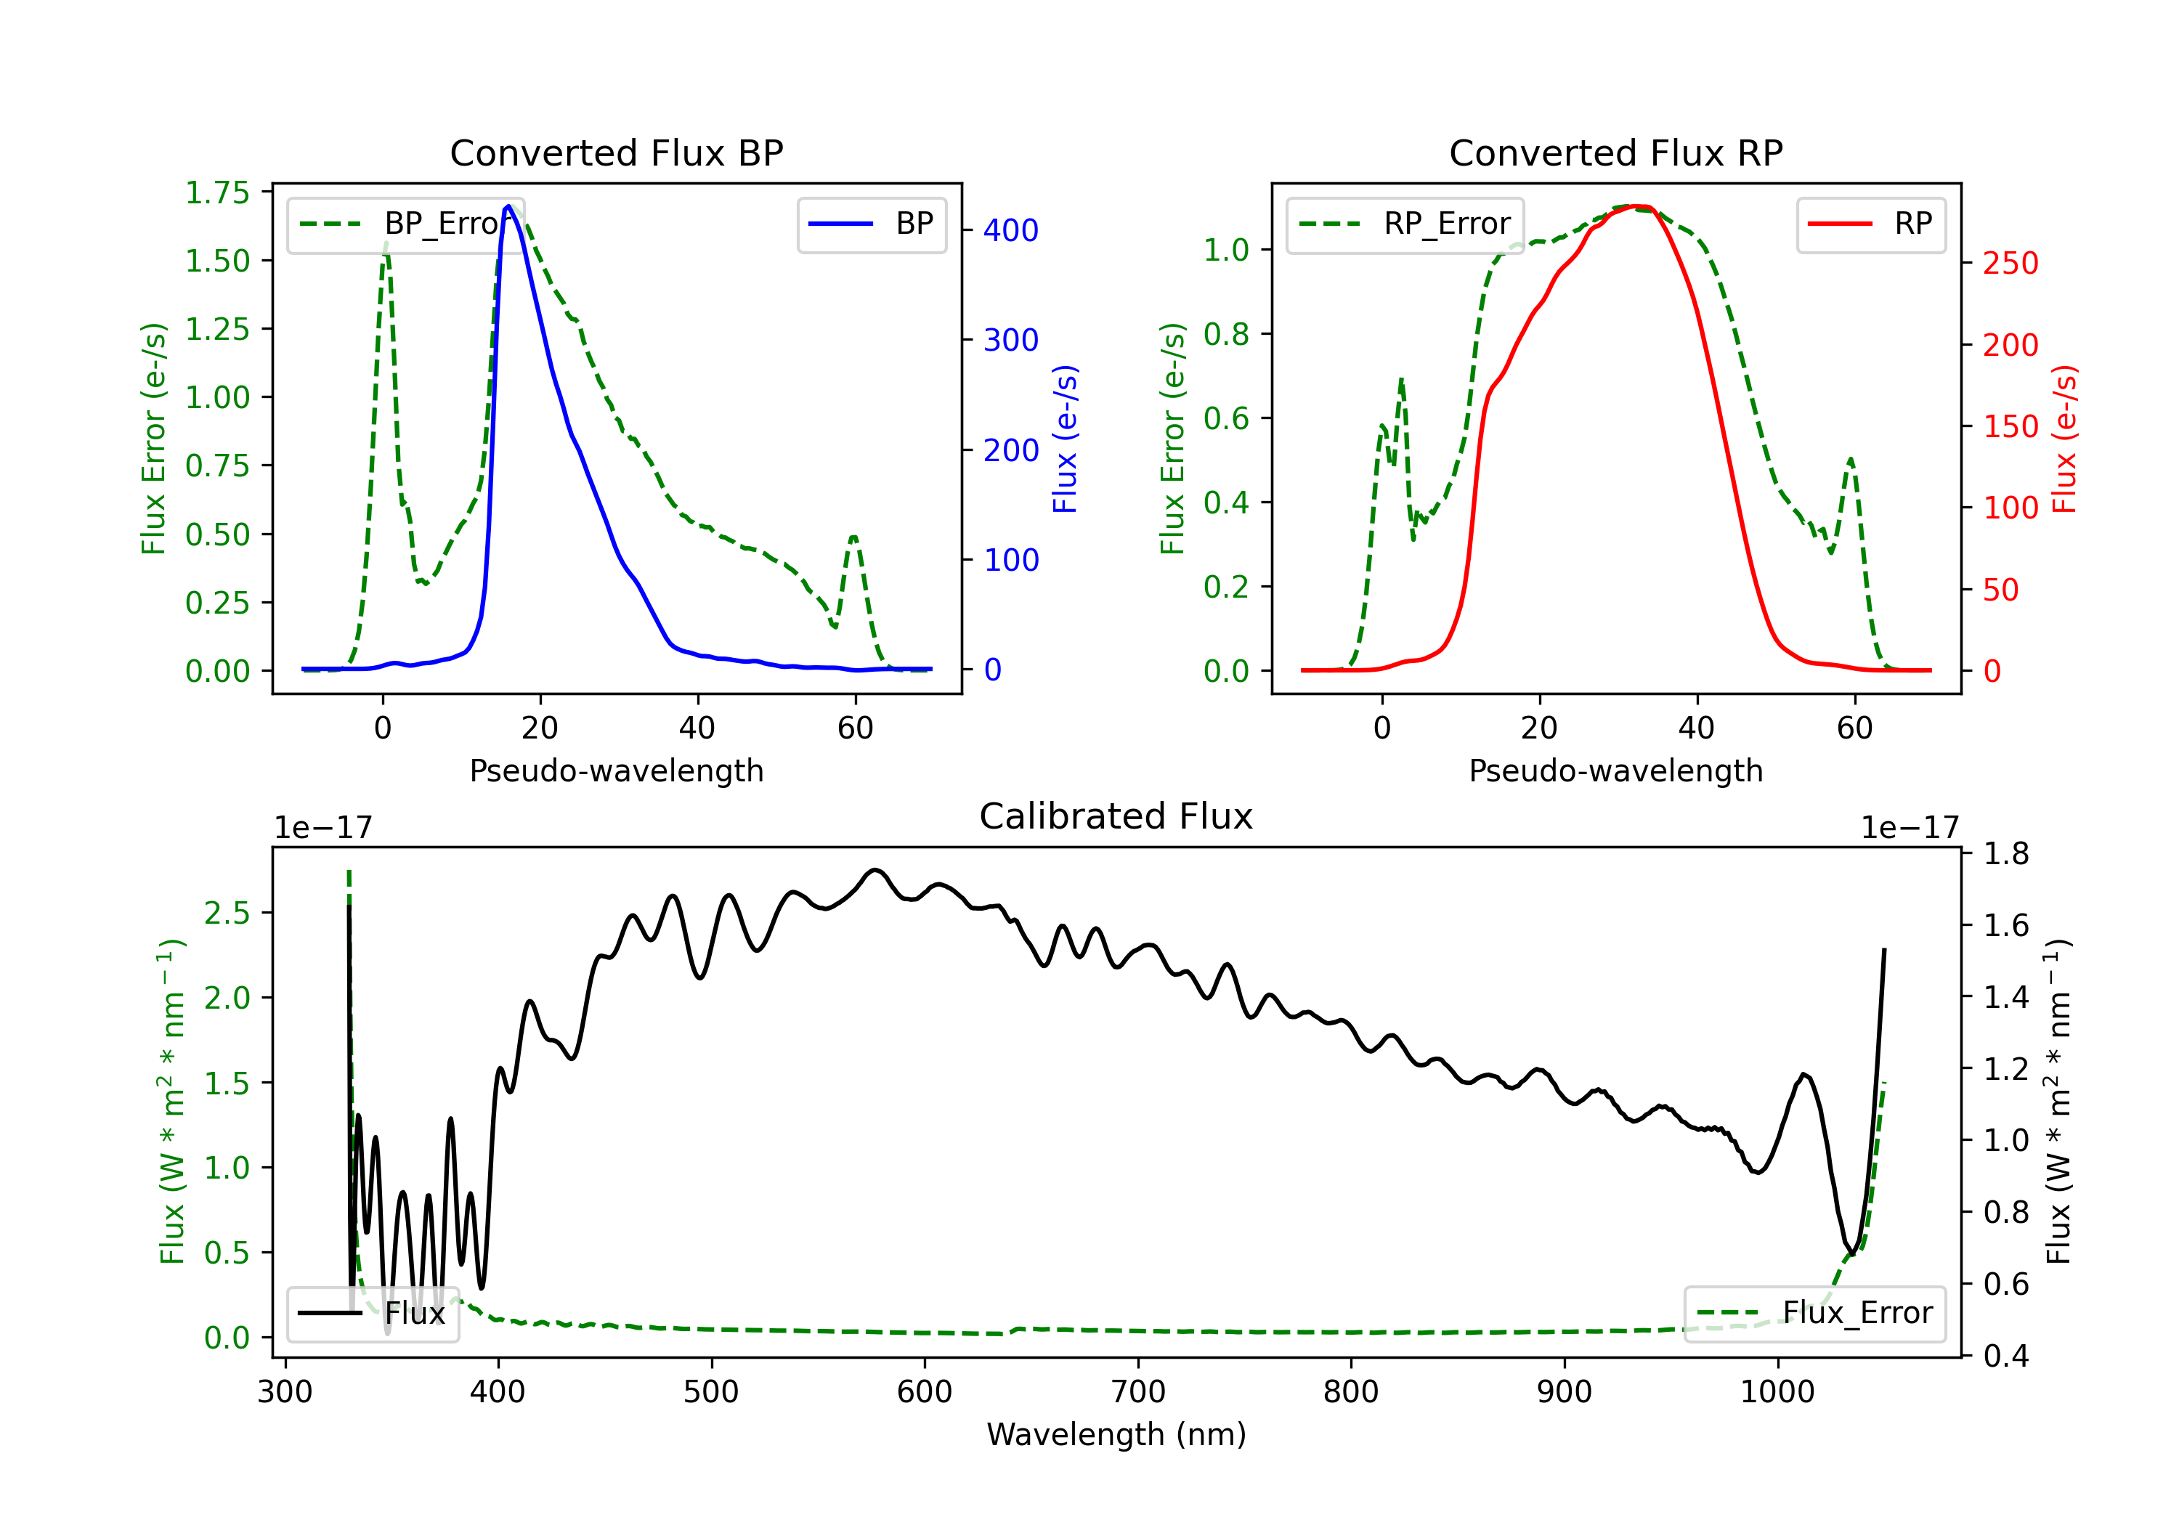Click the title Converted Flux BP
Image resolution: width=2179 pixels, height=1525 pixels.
tap(617, 152)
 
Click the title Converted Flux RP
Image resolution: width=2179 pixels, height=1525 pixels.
tap(1616, 152)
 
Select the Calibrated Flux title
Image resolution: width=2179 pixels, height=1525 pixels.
tap(1116, 816)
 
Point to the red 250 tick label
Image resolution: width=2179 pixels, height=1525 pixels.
tap(2010, 263)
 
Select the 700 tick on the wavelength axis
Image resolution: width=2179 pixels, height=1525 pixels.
tap(1138, 1391)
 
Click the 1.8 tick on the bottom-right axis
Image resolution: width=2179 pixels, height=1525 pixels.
tap(2006, 853)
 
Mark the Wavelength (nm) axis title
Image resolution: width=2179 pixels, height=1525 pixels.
tap(1116, 1434)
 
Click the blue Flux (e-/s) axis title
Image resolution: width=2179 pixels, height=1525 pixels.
tap(1065, 439)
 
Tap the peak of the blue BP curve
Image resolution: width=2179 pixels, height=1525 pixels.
tap(508, 206)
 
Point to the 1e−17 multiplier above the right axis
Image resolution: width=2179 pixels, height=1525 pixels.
tap(1910, 828)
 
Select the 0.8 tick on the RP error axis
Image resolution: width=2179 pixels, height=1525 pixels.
tap(1226, 334)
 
